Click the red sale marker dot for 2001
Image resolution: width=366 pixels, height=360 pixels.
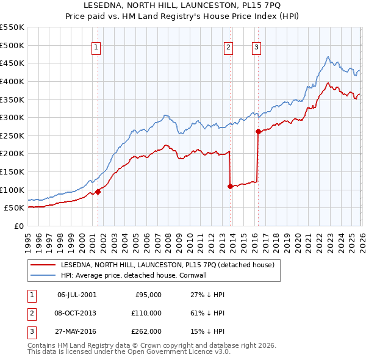[x=98, y=191]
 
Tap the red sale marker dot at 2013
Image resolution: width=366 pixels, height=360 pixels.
[x=230, y=186]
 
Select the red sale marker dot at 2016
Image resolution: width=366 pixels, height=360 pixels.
[x=258, y=131]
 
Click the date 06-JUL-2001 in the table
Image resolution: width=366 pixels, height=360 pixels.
[x=76, y=295]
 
